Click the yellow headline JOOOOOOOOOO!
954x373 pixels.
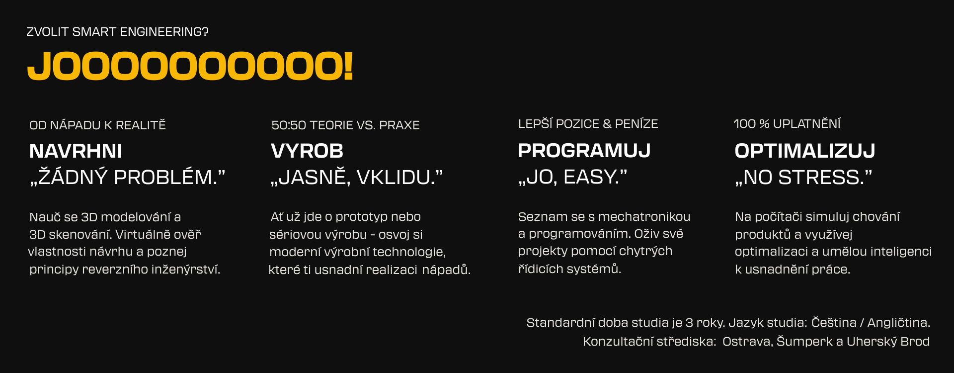(190, 66)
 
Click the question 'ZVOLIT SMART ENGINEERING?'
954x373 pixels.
(117, 32)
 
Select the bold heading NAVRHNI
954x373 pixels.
(76, 151)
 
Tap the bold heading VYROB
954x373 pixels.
(307, 151)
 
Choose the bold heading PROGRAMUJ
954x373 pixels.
(584, 151)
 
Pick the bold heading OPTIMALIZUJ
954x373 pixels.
(805, 151)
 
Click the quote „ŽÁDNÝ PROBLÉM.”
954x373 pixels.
(128, 177)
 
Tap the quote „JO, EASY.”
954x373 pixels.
(572, 177)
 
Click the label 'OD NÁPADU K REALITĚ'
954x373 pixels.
(97, 125)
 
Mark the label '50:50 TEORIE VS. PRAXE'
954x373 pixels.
(345, 125)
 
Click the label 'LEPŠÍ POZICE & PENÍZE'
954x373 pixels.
(588, 124)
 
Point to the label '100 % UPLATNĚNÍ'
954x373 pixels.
(787, 124)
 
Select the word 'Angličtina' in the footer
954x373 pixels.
(898, 323)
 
